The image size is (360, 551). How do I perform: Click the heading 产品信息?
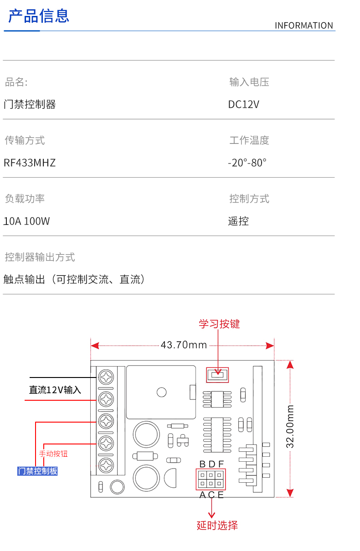click(39, 16)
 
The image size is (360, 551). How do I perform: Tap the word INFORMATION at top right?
click(303, 26)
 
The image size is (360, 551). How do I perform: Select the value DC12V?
click(243, 104)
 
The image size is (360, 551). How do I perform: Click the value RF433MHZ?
click(30, 163)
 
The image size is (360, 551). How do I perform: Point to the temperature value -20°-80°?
click(247, 163)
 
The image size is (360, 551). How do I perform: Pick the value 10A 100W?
click(26, 221)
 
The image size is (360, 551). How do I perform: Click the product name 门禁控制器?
click(30, 104)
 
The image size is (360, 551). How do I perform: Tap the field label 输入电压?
click(249, 82)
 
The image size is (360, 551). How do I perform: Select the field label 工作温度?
click(249, 140)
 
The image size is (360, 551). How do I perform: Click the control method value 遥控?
click(238, 221)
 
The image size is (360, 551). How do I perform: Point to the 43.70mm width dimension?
click(184, 345)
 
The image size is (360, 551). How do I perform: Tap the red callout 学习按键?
click(219, 324)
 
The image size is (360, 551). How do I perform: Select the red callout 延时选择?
click(217, 525)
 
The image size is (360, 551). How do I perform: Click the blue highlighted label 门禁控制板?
click(38, 471)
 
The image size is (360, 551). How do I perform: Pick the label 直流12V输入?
click(55, 390)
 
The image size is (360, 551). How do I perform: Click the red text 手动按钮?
click(53, 454)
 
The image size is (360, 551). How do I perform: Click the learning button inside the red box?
click(217, 375)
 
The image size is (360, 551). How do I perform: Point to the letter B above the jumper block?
click(202, 464)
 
